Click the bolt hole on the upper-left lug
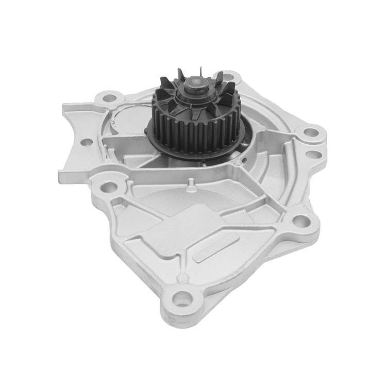(x=109, y=96)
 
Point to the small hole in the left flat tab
(x=87, y=141)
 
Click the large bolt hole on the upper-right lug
(x=310, y=132)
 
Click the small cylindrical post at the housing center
(x=190, y=181)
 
